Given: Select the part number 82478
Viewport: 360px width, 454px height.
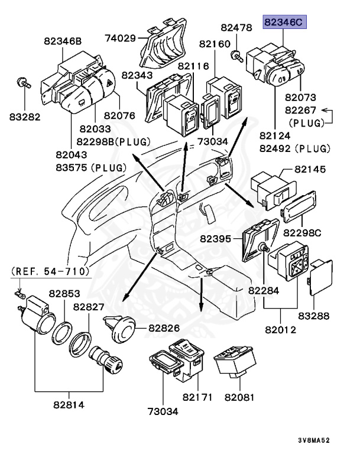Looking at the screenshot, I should click(236, 27).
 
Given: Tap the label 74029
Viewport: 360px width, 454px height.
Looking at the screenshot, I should click(121, 38).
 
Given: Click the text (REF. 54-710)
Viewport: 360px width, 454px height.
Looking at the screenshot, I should click(51, 271).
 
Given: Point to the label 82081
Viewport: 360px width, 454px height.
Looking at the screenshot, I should click(238, 396).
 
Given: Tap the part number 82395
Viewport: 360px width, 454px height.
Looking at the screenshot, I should click(215, 238).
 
